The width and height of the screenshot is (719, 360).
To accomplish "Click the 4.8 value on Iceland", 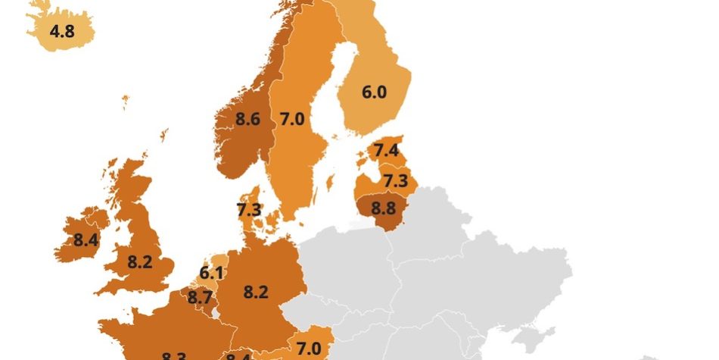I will [x=61, y=32].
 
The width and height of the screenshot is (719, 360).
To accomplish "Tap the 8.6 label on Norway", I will [x=248, y=119].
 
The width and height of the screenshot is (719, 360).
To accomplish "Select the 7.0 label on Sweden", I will [x=292, y=119].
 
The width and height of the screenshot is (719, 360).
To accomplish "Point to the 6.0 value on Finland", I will [x=374, y=92].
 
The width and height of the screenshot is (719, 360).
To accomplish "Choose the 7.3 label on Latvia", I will [x=396, y=181].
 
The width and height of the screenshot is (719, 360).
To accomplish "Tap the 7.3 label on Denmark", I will [x=249, y=210].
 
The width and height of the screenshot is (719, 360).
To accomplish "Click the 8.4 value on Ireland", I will [x=86, y=241].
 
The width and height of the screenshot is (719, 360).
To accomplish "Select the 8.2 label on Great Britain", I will [x=140, y=262].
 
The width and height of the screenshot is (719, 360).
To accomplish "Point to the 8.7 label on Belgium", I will [x=200, y=298].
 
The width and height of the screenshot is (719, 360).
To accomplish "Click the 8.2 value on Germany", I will [x=256, y=291].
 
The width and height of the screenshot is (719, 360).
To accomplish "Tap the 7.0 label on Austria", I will [x=309, y=348].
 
